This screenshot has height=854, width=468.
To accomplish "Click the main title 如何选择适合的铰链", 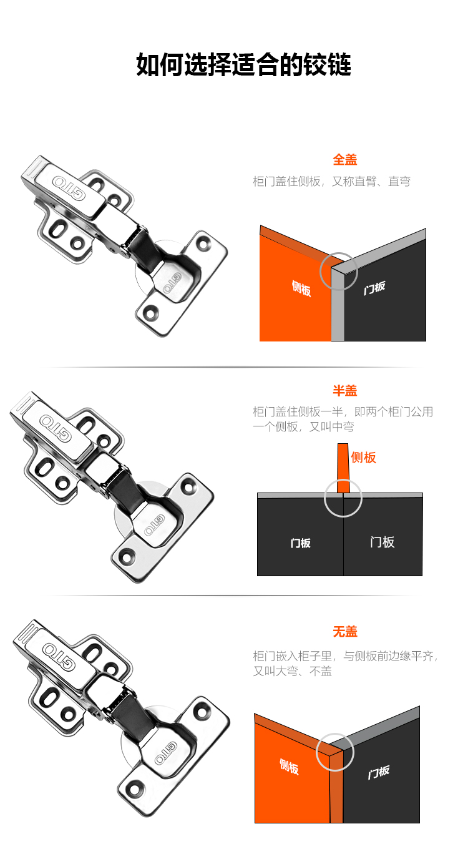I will point(243,65).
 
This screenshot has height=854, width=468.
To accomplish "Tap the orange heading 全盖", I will point(344,160).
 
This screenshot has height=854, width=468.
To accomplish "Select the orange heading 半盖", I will point(344,391).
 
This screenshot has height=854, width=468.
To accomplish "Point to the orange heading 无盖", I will point(344,632).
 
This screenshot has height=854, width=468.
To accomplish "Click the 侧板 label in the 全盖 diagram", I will point(301,288).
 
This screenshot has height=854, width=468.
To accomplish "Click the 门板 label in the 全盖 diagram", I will point(374,288).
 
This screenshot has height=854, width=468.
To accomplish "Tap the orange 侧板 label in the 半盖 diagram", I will point(364,458).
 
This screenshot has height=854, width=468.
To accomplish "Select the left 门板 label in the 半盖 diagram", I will point(300,543).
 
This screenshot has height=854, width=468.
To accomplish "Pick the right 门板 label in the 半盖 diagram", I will point(382,542).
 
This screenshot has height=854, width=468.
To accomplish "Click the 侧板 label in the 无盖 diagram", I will point(289,767).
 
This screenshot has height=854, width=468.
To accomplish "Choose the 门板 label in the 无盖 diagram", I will point(378,772).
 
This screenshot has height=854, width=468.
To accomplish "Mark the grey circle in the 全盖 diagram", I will point(339,272).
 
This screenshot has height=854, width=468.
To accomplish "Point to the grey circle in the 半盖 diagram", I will point(343,498).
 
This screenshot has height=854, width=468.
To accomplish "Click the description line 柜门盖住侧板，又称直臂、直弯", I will point(331,182).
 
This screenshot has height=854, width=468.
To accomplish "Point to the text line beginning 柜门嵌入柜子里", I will point(345,656).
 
